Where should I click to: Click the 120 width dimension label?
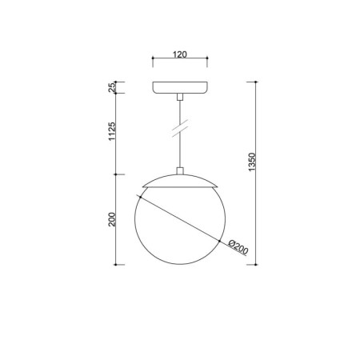pos(179,55)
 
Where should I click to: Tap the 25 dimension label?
pos(113,87)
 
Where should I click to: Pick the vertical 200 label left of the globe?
pos(113,218)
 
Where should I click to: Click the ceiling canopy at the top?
pos(180,87)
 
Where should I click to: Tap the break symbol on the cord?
pos(180,126)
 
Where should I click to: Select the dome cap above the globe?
pos(180,180)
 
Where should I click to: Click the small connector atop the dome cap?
pos(180,170)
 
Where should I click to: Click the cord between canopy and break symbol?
pos(180,108)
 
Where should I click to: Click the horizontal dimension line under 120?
pos(180,62)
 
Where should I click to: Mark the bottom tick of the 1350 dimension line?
pos(256,263)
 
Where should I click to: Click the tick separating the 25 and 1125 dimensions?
pos(118,94)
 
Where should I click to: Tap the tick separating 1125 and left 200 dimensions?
pos(118,174)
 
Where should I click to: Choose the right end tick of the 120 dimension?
pos(208,62)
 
